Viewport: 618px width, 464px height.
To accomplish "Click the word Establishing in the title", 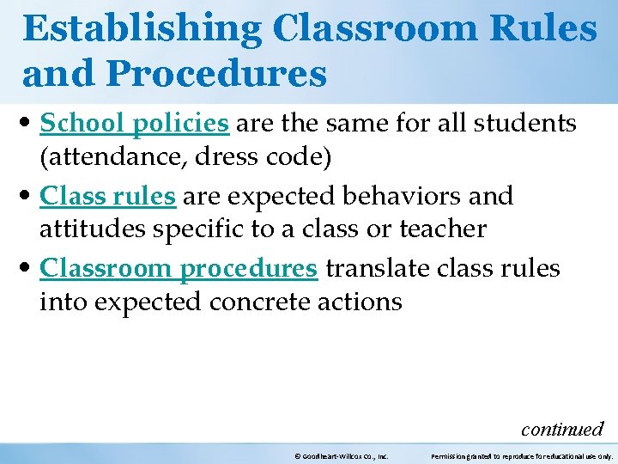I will [142, 28].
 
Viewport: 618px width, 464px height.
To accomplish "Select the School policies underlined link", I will [135, 124].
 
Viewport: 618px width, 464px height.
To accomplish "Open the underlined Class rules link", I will [108, 196].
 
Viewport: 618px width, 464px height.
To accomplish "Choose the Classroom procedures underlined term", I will [179, 268].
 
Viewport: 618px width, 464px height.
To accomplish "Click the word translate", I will [378, 268].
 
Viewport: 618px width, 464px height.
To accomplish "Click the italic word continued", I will [562, 429].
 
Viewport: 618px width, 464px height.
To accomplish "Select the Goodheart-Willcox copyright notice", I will [342, 456].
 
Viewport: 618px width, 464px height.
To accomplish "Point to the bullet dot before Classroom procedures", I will [30, 270].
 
